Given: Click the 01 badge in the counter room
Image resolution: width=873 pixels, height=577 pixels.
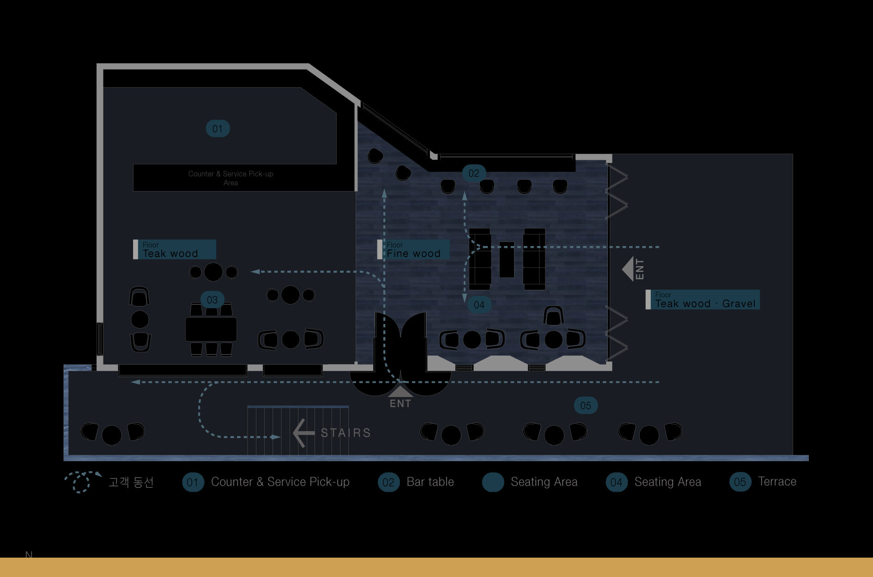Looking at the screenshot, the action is [x=218, y=129].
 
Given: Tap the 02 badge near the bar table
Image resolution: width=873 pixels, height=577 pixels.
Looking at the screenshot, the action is [x=474, y=174].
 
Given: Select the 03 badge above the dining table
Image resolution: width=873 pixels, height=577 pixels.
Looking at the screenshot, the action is [x=212, y=300].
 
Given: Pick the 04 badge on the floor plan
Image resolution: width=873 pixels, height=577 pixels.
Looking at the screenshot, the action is [x=479, y=305].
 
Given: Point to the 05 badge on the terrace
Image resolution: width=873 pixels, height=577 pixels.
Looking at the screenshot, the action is [x=585, y=406].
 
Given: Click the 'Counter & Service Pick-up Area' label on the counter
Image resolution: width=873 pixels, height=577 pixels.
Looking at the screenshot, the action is [x=230, y=178].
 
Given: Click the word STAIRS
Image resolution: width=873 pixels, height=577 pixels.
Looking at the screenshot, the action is [x=346, y=433].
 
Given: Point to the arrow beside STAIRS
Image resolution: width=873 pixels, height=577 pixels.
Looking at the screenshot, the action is [x=303, y=433].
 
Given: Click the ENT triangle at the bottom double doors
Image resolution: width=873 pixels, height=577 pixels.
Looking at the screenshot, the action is [x=400, y=392].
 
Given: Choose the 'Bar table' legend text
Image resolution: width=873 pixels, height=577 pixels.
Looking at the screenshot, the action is [x=430, y=482].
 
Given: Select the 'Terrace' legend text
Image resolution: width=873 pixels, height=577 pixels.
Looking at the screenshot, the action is [x=777, y=481].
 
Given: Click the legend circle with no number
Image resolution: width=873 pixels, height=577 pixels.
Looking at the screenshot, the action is [x=493, y=482].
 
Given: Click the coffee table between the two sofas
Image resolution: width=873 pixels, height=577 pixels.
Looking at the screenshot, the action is [x=507, y=260].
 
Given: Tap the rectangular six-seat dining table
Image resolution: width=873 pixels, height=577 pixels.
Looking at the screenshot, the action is [x=211, y=329].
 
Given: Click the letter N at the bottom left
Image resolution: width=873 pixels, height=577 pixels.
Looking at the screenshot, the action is [x=29, y=554].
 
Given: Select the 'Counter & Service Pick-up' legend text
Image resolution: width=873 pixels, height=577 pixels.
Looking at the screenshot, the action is [x=280, y=482].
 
